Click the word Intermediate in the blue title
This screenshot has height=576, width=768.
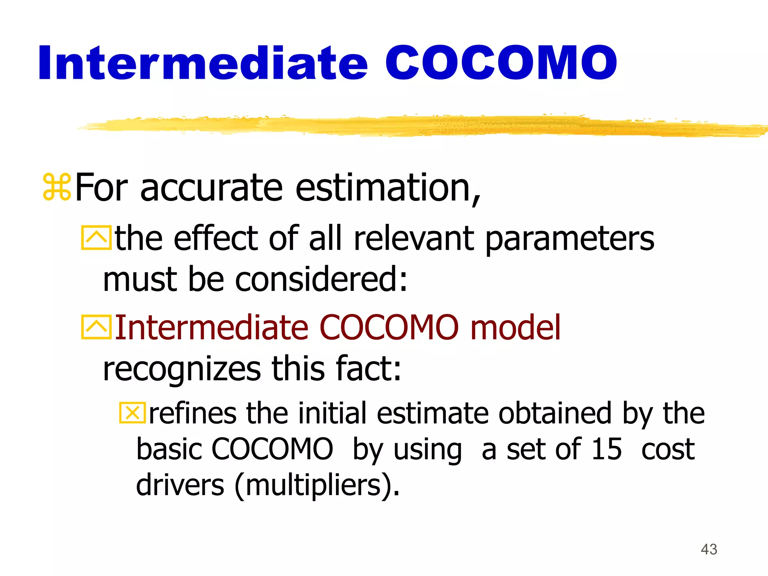pyautogui.click(x=202, y=63)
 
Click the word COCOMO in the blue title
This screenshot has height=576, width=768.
pyautogui.click(x=501, y=63)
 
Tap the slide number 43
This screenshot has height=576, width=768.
pyautogui.click(x=709, y=549)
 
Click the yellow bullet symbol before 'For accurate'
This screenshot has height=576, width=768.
pyautogui.click(x=57, y=187)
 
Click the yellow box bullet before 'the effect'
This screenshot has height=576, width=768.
pyautogui.click(x=96, y=238)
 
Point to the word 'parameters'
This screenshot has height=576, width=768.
pyautogui.click(x=570, y=240)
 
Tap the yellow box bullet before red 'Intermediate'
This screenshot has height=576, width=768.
pyautogui.click(x=96, y=327)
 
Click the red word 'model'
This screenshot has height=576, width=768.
pyautogui.click(x=516, y=327)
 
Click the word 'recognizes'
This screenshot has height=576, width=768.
pyautogui.click(x=182, y=369)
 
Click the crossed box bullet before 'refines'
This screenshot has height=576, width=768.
pyautogui.click(x=132, y=413)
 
